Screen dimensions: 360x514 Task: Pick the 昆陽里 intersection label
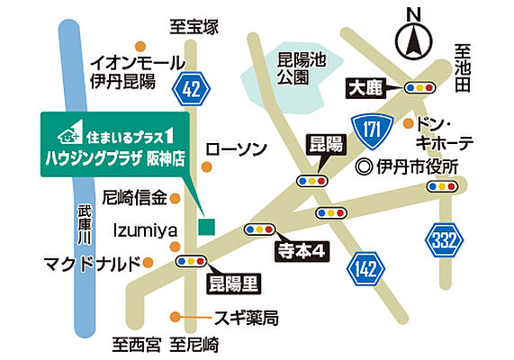click(231, 285)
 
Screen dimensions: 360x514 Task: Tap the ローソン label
click(237, 148)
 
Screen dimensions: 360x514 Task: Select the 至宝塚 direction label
click(194, 27)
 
